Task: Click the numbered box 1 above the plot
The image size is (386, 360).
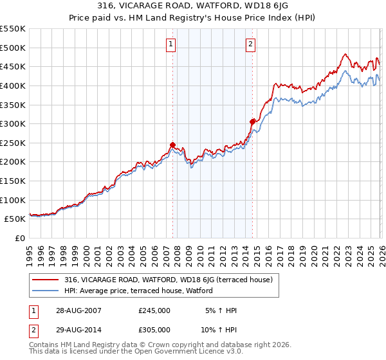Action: [171, 44]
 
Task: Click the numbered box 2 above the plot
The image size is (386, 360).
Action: [250, 44]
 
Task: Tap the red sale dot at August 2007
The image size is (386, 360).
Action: [172, 145]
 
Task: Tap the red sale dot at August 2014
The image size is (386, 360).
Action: [252, 122]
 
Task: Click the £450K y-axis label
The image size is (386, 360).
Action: [13, 66]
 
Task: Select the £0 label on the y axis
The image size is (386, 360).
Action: [21, 238]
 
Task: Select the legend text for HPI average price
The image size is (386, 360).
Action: [138, 291]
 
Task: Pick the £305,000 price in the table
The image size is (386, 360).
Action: [154, 329]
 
